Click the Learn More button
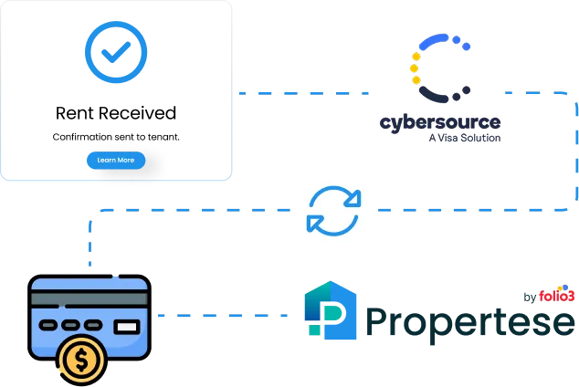pos(115,160)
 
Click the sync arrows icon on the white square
pos(333,211)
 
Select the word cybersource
pos(441,122)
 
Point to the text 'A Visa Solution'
pos(464,139)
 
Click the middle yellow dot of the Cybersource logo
pos(416,68)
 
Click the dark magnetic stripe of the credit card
pos(89,298)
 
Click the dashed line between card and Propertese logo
pos(224,317)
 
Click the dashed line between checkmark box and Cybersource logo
pos(301,92)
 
